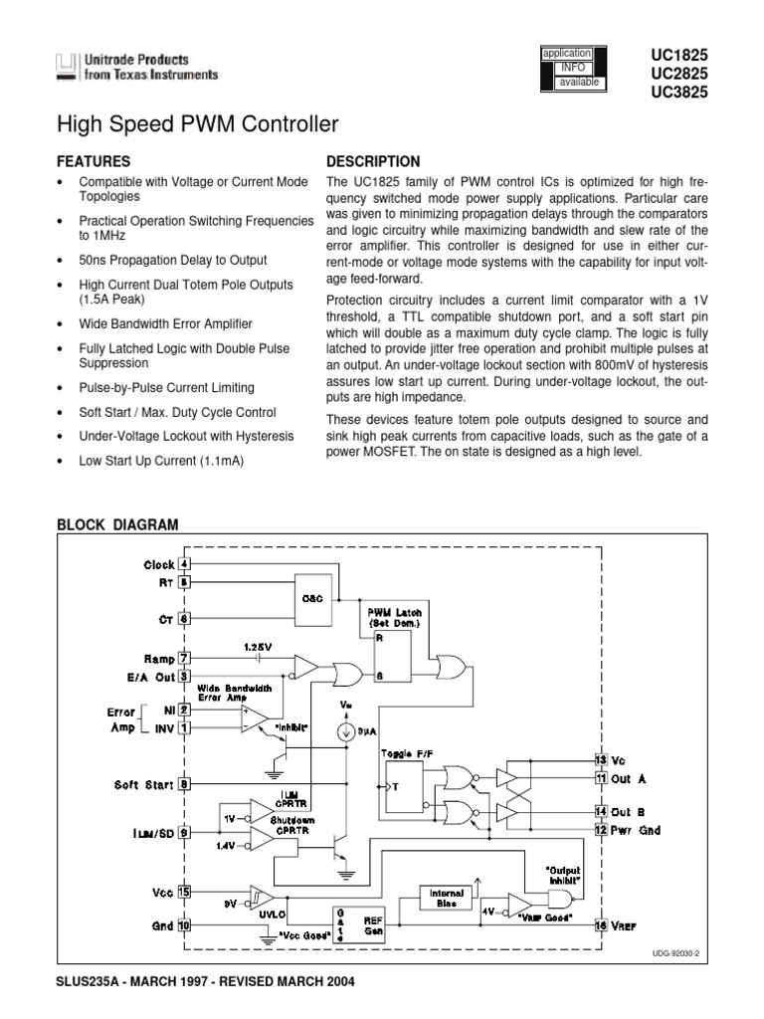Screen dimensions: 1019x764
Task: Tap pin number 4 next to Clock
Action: tap(184, 564)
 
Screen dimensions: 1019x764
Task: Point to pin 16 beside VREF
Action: tap(601, 924)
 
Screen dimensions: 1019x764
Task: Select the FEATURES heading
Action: tap(95, 160)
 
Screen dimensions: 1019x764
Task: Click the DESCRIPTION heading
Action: tap(373, 161)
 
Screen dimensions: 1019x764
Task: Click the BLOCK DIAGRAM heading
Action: tap(117, 525)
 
